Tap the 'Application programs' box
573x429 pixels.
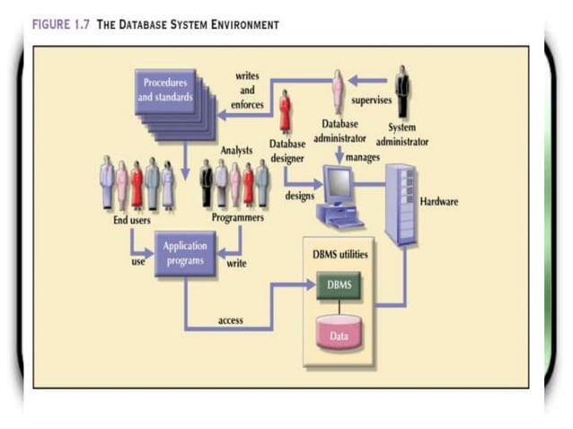click(185, 253)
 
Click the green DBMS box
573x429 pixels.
click(339, 285)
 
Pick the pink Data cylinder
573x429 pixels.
click(339, 335)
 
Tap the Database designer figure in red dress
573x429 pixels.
click(285, 112)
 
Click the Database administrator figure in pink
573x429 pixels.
click(339, 92)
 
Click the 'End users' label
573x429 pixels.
click(132, 219)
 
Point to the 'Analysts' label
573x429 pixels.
click(236, 150)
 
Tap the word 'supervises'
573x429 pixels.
click(371, 101)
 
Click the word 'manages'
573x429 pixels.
click(362, 157)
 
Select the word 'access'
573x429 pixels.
click(231, 320)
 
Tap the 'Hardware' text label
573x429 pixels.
click(439, 201)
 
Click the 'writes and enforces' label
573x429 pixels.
click(247, 91)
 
